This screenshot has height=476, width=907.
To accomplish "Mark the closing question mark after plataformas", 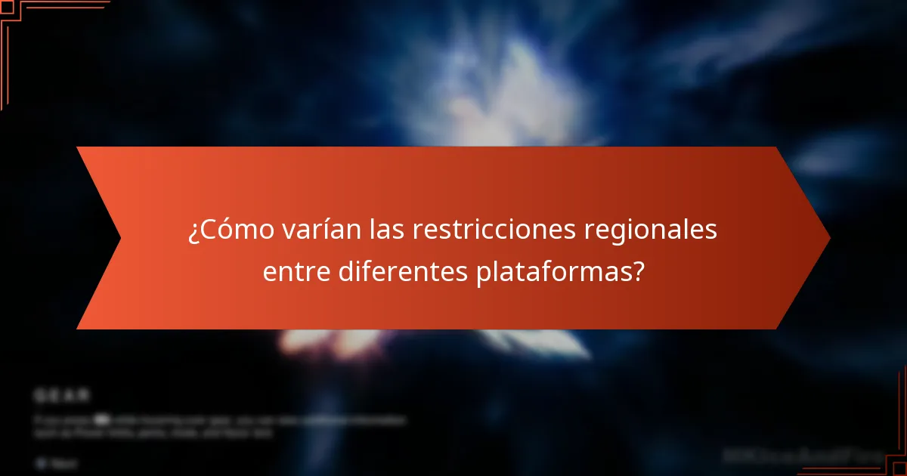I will point(639,271).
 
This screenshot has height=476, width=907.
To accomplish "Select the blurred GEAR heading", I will point(61,395).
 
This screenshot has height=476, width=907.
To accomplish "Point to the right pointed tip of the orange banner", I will point(829,238).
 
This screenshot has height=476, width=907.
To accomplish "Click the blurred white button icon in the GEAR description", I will point(100,418).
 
